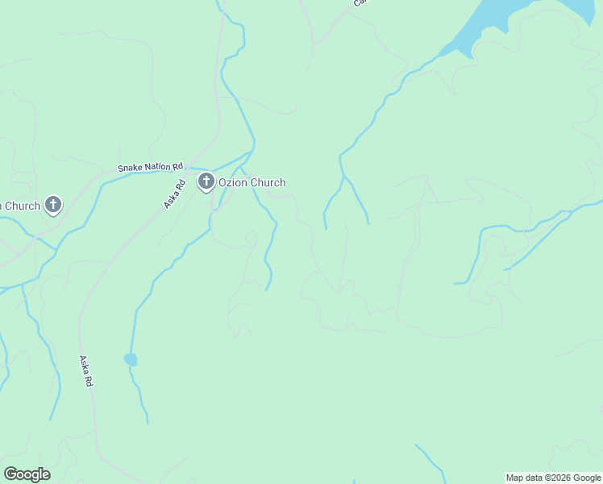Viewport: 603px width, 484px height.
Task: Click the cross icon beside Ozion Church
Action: click(x=206, y=182)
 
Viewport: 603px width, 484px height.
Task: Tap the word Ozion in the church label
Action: click(x=233, y=183)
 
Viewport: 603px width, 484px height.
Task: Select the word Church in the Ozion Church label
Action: click(x=268, y=183)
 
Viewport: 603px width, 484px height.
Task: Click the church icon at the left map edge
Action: click(x=53, y=205)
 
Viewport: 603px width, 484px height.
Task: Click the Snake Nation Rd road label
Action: click(x=145, y=167)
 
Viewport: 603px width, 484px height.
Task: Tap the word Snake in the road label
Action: click(x=129, y=168)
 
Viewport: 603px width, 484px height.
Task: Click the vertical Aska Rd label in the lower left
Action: click(x=85, y=372)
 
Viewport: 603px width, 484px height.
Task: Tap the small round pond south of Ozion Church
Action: click(x=130, y=359)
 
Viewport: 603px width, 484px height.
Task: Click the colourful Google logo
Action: click(x=27, y=474)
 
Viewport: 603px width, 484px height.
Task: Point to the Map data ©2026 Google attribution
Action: click(x=553, y=478)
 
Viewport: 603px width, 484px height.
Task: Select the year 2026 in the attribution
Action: click(x=561, y=478)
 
